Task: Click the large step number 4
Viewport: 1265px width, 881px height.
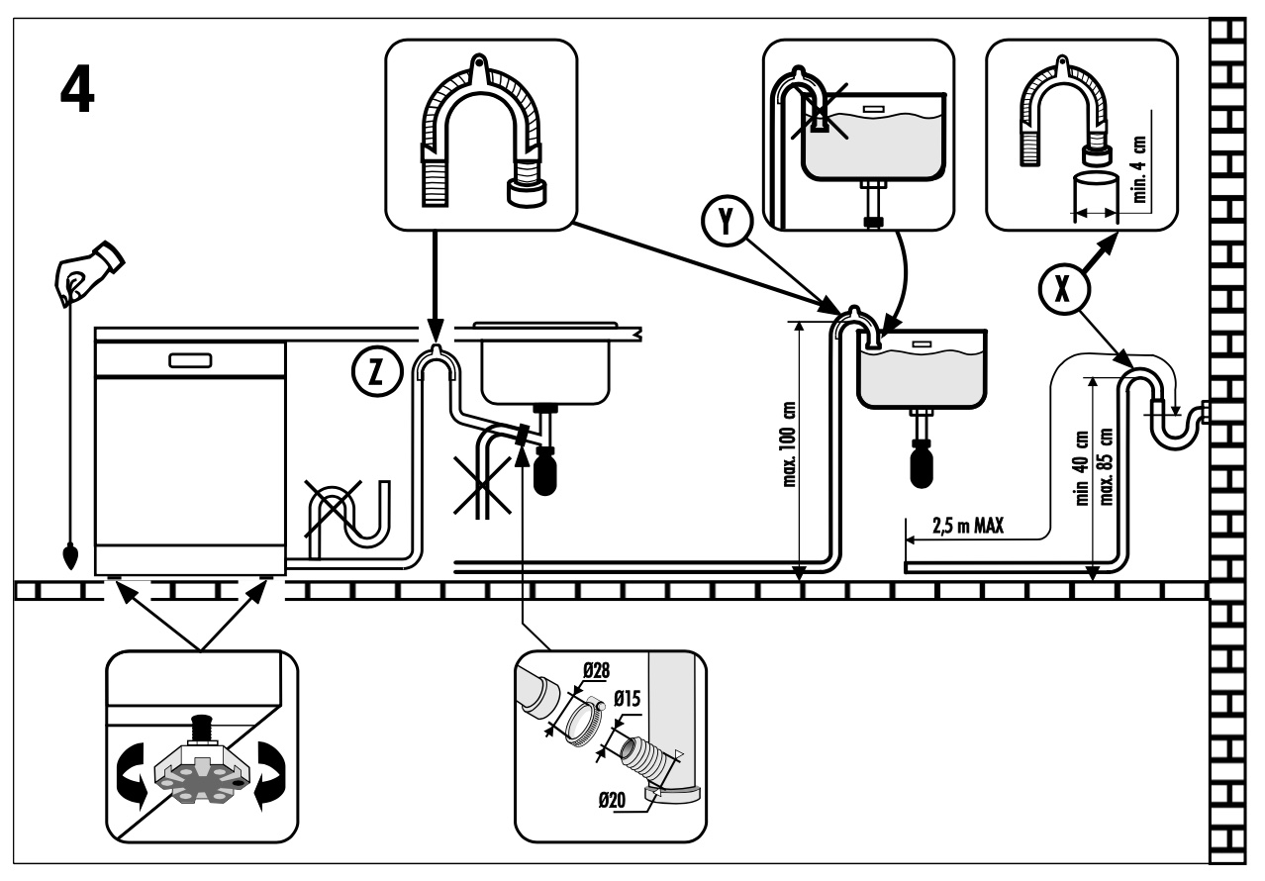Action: click(77, 88)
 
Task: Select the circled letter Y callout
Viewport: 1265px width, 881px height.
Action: click(727, 220)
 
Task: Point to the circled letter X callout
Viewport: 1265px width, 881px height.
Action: click(1063, 289)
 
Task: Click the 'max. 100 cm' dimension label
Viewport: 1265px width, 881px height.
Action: click(789, 443)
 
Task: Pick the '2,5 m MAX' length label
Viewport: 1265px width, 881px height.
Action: click(968, 527)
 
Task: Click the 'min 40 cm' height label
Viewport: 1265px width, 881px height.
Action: click(1080, 468)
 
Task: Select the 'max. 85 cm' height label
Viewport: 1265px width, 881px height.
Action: click(1106, 466)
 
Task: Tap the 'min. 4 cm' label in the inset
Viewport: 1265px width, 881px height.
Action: click(1139, 169)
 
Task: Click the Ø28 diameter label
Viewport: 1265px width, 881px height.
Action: click(596, 670)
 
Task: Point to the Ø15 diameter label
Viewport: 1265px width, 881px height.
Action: click(627, 699)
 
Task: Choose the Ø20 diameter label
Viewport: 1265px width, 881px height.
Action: click(612, 800)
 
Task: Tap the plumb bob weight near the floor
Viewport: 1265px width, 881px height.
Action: click(70, 555)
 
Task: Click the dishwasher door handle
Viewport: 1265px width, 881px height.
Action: click(190, 360)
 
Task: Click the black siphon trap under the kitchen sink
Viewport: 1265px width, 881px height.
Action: click(545, 470)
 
